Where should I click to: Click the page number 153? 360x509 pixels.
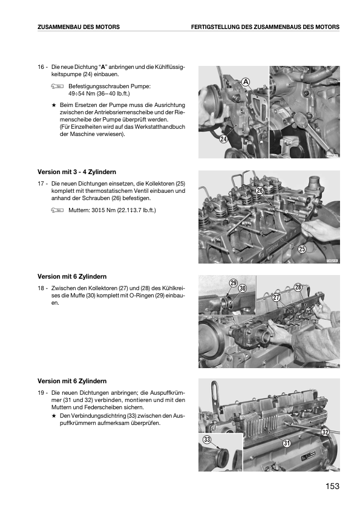(x=332, y=486)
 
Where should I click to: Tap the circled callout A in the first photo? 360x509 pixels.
(x=246, y=82)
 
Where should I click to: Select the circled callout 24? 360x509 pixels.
(x=223, y=139)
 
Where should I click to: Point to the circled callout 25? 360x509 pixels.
(x=302, y=249)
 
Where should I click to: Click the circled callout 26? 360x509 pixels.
(x=260, y=190)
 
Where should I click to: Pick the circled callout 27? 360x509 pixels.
(x=276, y=297)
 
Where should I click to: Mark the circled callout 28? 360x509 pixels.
(x=298, y=287)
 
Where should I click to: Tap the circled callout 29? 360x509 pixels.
(x=234, y=283)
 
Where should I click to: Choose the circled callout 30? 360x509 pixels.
(x=243, y=288)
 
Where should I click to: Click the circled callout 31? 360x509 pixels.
(x=287, y=443)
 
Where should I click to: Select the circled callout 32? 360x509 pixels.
(x=326, y=432)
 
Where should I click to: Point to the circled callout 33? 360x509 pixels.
(x=207, y=439)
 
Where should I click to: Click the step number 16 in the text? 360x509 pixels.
(x=41, y=67)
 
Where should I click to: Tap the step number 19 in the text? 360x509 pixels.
(x=41, y=393)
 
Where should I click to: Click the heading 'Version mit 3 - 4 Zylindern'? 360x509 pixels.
(x=77, y=172)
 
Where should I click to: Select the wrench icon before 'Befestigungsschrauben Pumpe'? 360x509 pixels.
(x=57, y=86)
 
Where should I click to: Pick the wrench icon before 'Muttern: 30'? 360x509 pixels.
(x=57, y=210)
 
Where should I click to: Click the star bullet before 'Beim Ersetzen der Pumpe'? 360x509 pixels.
(x=54, y=105)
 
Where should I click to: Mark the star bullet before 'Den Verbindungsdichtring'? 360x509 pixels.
(x=54, y=416)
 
